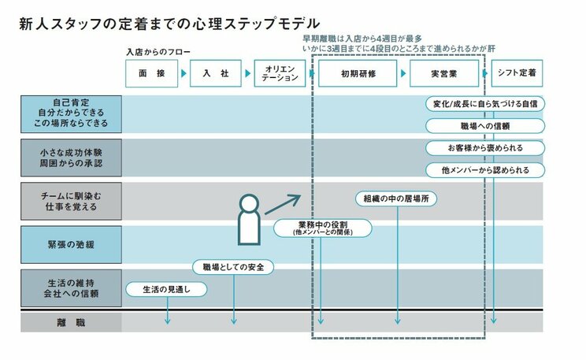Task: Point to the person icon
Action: click(x=249, y=218)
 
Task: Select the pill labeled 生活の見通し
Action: click(x=167, y=289)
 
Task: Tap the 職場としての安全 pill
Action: click(x=233, y=267)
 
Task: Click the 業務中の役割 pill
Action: click(x=321, y=228)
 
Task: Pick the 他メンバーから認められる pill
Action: click(x=484, y=169)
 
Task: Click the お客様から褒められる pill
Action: click(x=484, y=147)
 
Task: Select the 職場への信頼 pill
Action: click(x=484, y=126)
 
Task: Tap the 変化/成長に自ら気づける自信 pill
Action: click(x=484, y=104)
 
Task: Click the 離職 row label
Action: click(x=71, y=323)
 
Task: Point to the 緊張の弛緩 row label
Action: click(x=71, y=243)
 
